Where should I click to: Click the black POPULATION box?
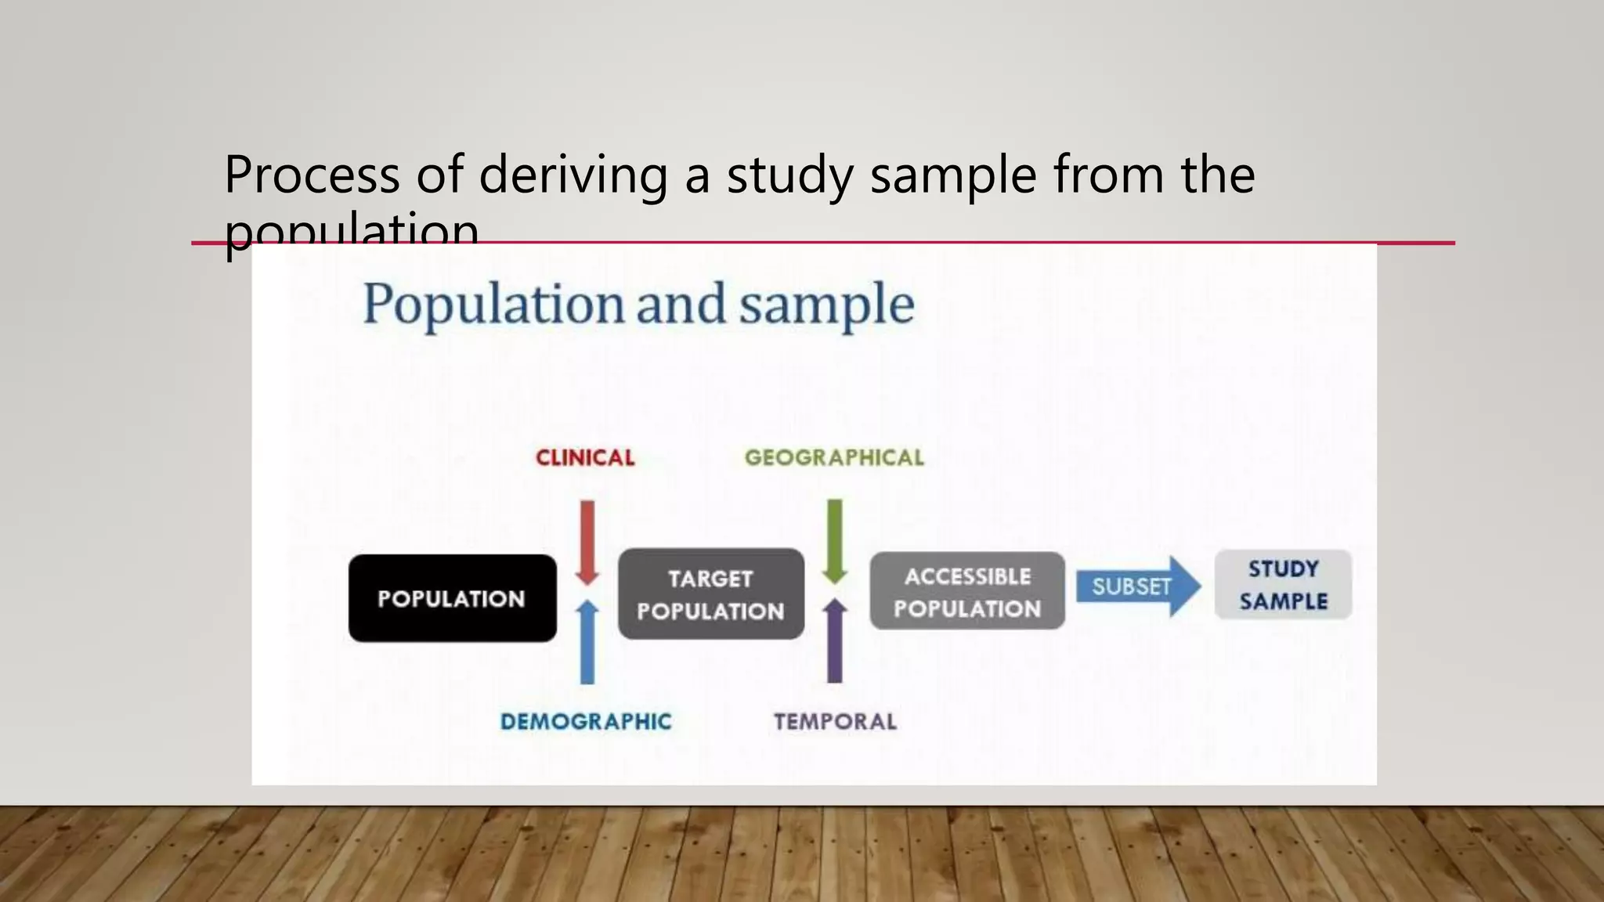[452, 598]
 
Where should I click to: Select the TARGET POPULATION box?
[710, 594]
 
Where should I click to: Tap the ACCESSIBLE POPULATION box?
[967, 591]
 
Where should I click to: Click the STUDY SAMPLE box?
[1283, 585]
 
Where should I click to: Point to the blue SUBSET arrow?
[1136, 586]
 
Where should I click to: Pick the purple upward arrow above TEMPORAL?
[835, 640]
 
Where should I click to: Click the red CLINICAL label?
[585, 458]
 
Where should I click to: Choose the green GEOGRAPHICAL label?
[834, 458]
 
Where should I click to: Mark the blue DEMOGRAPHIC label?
[586, 721]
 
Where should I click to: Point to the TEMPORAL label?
[835, 721]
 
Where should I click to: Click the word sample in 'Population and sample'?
[827, 305]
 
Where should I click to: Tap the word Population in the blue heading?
[493, 305]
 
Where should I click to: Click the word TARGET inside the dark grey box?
[710, 579]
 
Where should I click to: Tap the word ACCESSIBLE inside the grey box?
[967, 576]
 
